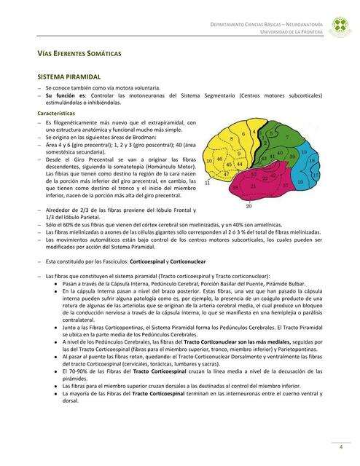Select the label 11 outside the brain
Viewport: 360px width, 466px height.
point(206,183)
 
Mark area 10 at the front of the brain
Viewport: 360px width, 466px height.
point(209,161)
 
